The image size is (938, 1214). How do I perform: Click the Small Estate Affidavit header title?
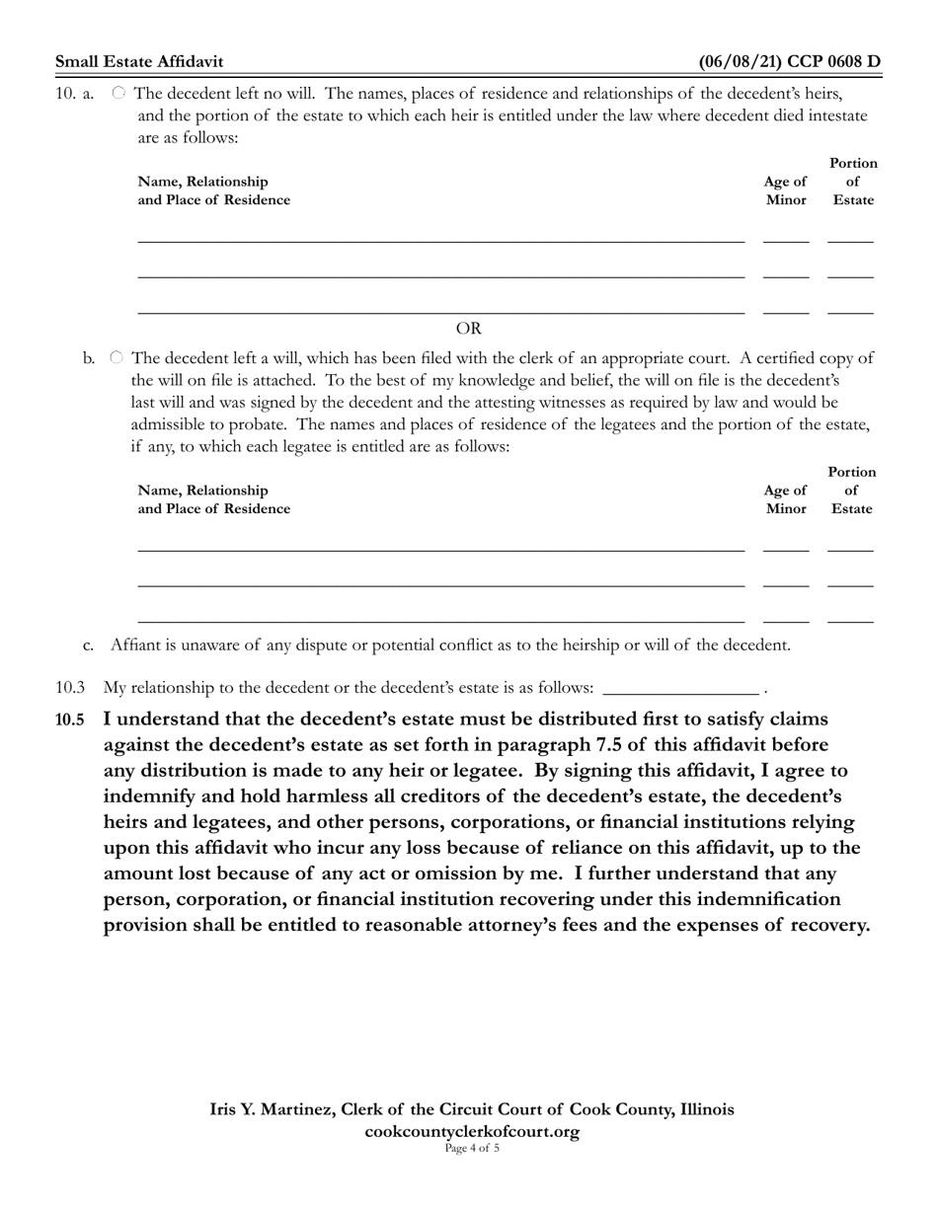coord(139,62)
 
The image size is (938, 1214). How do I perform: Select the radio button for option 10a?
coord(118,93)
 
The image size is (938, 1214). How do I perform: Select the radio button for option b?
coord(117,357)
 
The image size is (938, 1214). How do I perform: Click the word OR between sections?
coord(468,329)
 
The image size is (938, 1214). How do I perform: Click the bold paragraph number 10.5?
coord(69,720)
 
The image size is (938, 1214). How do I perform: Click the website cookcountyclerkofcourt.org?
coord(472,1131)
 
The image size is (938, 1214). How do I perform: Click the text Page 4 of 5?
coord(472,1148)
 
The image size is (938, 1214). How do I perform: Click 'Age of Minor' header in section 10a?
coord(785,190)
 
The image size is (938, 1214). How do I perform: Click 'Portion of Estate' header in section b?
coord(852,491)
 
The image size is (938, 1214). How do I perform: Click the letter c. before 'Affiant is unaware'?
coord(89,645)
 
